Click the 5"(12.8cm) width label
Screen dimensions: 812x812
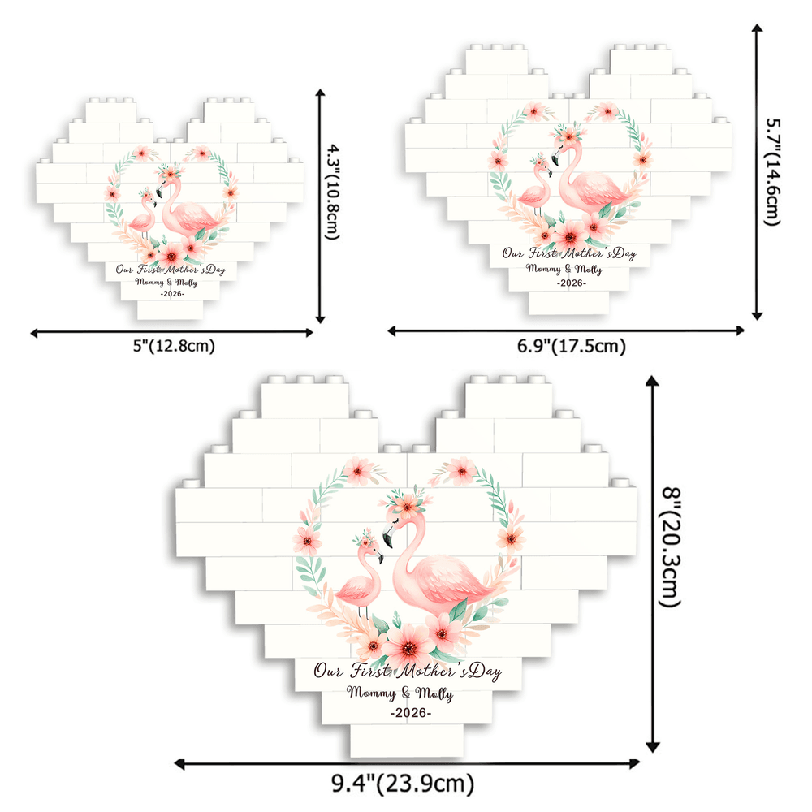coord(172,346)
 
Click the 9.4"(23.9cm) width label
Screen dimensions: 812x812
coord(403,784)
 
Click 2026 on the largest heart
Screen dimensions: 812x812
coord(411,712)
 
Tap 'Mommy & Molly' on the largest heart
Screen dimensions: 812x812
coord(400,693)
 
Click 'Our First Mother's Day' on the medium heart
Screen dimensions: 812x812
coord(568,253)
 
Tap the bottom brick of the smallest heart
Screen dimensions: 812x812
coord(170,309)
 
